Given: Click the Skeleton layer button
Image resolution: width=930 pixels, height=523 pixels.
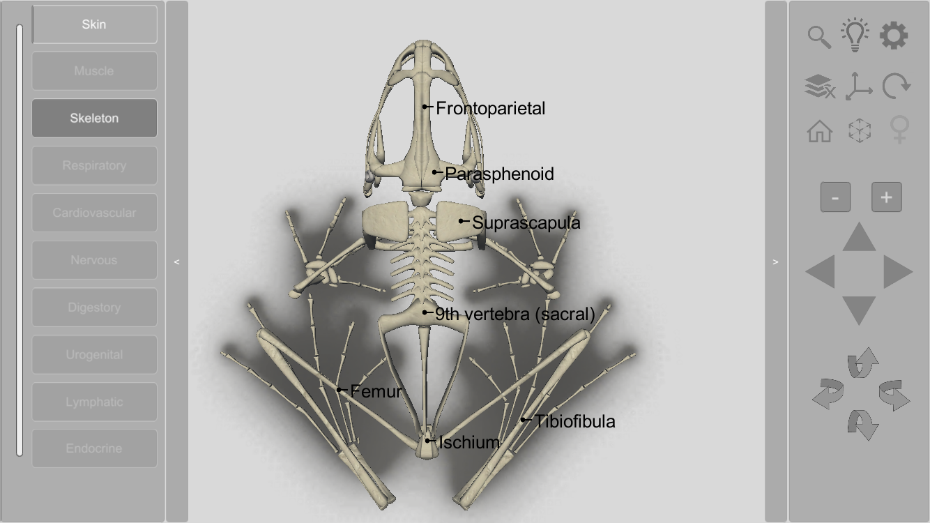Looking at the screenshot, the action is (x=94, y=118).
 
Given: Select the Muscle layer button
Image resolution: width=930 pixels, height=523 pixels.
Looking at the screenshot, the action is (x=94, y=70).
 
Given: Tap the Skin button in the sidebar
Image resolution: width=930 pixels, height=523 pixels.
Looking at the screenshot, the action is (x=94, y=24).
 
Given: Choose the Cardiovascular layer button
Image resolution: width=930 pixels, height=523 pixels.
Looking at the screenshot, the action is (x=94, y=213).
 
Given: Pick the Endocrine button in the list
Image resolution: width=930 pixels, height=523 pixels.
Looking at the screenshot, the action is (x=94, y=448).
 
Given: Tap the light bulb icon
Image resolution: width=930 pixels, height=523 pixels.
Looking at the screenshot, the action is (x=855, y=35).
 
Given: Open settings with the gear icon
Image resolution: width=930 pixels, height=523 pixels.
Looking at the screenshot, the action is (x=894, y=36).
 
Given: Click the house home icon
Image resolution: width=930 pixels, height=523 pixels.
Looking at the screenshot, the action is (x=820, y=131).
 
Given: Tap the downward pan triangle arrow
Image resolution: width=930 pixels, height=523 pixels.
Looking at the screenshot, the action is (x=859, y=309).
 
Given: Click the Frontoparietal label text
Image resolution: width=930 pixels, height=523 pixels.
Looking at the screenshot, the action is (x=490, y=108).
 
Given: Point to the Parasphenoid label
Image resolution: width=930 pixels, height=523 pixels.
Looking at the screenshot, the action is (x=499, y=174).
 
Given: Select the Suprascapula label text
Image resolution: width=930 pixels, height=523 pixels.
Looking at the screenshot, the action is (x=526, y=222).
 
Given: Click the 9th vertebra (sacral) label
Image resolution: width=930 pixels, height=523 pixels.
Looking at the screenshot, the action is (x=514, y=314).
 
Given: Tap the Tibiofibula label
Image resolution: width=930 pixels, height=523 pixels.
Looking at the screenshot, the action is (x=574, y=421).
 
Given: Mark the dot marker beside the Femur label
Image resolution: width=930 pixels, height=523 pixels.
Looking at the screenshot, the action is (x=340, y=390).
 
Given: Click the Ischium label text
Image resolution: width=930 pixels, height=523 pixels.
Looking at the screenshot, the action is (x=469, y=442).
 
